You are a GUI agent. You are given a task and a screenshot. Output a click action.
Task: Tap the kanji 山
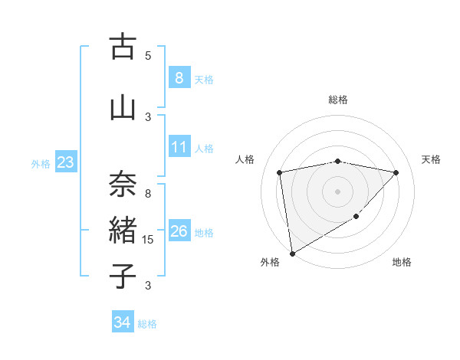click(x=122, y=108)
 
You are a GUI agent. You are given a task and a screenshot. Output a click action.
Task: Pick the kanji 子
click(x=122, y=276)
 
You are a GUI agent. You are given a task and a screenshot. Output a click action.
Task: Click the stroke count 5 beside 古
click(x=148, y=55)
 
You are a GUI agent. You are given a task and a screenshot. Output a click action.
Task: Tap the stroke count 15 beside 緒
click(x=148, y=240)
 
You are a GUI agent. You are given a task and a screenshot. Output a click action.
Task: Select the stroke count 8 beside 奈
click(x=148, y=194)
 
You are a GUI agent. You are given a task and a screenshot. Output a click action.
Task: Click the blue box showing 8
click(x=179, y=77)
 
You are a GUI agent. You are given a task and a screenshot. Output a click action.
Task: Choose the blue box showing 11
click(x=179, y=146)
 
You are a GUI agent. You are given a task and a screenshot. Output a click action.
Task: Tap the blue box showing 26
click(x=179, y=231)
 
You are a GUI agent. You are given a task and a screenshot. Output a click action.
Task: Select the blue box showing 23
click(x=65, y=162)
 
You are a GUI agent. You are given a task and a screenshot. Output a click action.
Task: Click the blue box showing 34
click(x=122, y=322)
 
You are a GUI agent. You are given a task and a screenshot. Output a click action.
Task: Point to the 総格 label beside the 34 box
click(x=147, y=324)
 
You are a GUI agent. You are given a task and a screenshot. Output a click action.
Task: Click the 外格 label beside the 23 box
click(x=41, y=163)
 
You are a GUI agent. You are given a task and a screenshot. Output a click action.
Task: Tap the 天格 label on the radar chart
click(x=432, y=159)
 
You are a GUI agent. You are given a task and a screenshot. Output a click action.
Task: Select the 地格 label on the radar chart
click(x=402, y=262)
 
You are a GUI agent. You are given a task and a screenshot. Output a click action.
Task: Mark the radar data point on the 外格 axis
click(x=291, y=253)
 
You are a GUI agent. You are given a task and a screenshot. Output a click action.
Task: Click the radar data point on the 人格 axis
click(x=280, y=172)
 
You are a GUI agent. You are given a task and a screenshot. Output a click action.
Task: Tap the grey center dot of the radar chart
click(x=337, y=191)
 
